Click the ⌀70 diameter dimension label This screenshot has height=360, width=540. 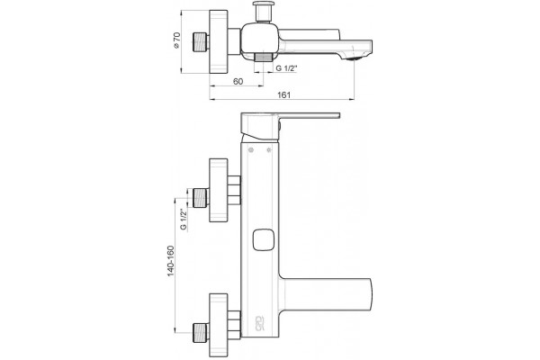[x=176, y=40]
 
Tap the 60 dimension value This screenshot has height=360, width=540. [x=238, y=81]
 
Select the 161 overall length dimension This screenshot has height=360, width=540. [x=284, y=95]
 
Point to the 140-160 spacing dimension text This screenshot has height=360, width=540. [x=171, y=261]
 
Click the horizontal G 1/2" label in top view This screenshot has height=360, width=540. [x=286, y=67]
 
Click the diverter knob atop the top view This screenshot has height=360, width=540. [x=263, y=12]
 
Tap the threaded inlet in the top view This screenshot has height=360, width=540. [x=200, y=42]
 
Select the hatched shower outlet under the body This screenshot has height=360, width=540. [x=264, y=58]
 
